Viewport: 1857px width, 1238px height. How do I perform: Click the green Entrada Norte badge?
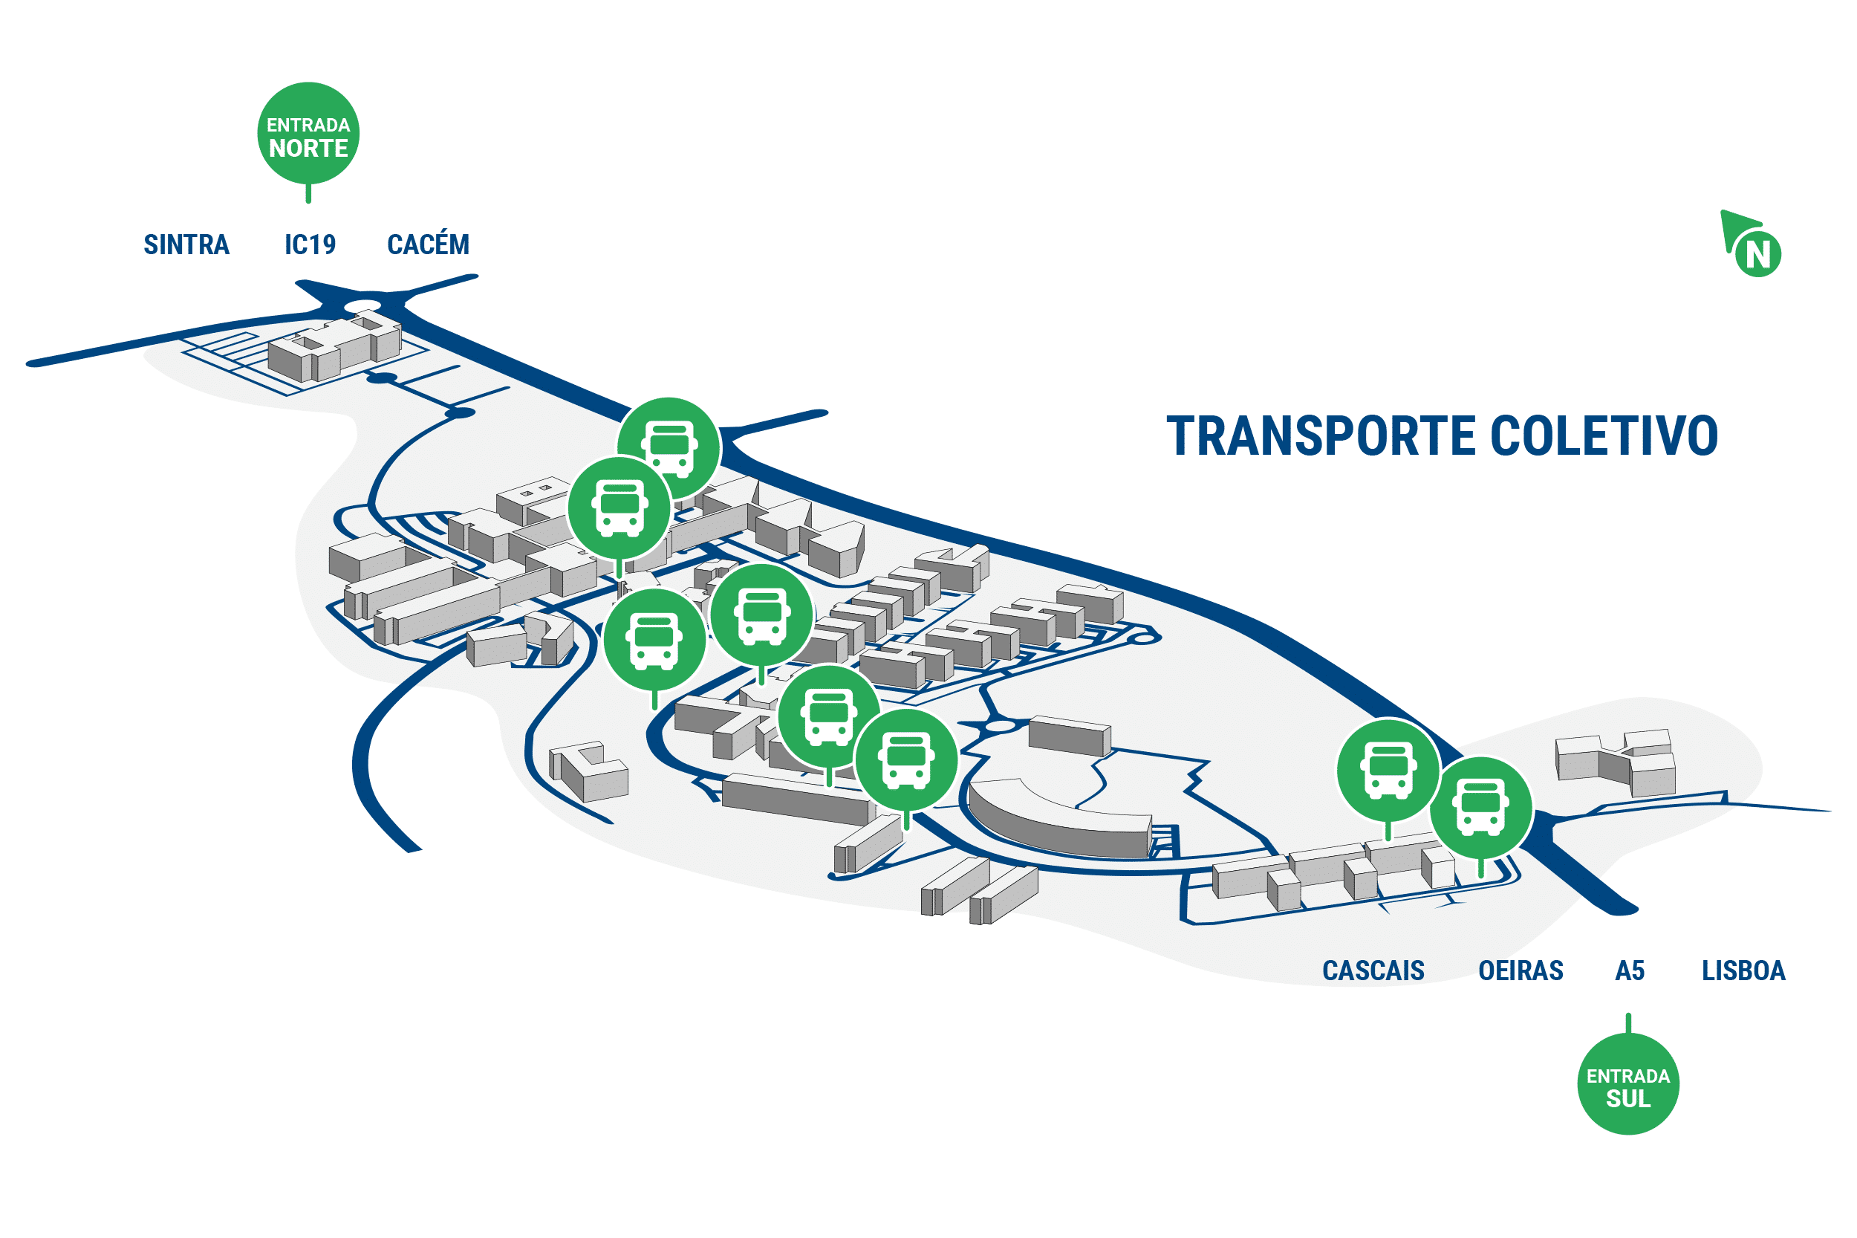(x=308, y=135)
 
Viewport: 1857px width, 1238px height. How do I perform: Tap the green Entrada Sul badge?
(x=1627, y=1083)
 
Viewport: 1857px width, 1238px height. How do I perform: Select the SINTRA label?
(x=186, y=244)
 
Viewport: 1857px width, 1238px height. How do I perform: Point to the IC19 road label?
(x=310, y=244)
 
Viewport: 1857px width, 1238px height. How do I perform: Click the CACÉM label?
(x=428, y=243)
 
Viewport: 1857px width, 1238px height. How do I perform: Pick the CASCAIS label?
(x=1373, y=970)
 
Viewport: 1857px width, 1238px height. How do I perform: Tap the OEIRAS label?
(x=1520, y=970)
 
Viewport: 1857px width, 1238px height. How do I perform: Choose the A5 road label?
(x=1630, y=970)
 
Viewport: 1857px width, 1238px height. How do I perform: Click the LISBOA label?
(x=1743, y=970)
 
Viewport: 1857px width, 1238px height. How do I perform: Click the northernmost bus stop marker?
(x=669, y=447)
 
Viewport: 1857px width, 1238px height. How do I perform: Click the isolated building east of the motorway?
(x=1615, y=761)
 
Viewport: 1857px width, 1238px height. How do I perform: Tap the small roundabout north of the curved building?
(x=1000, y=725)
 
